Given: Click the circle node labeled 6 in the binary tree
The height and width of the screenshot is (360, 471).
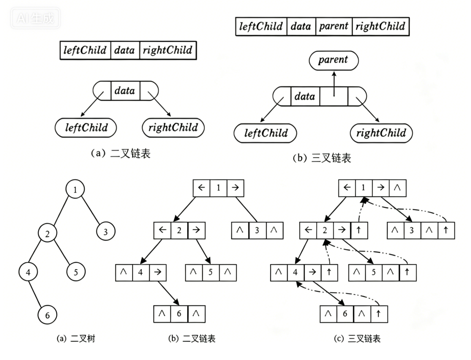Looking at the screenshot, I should pos(47,315).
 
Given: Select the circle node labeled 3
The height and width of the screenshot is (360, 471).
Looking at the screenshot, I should pos(106,232).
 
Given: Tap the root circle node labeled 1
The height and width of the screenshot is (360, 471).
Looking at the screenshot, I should pos(75,189).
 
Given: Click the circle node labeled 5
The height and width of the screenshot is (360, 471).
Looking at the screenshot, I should pos(76,272).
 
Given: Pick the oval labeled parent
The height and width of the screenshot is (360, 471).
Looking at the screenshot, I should pos(333,60).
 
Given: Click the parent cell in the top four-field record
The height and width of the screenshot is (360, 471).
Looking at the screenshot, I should pos(334,27).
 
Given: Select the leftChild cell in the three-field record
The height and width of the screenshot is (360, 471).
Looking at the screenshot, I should pos(85,50).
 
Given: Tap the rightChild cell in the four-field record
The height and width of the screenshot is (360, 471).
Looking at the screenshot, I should pos(381,27).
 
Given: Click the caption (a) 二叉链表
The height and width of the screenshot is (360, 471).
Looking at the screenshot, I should pos(121,153).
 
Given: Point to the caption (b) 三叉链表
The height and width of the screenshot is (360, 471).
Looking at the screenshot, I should pos(322,158).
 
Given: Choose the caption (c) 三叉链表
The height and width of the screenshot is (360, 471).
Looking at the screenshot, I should pos(357,338).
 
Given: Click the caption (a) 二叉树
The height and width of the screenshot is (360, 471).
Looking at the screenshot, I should pos(76,338).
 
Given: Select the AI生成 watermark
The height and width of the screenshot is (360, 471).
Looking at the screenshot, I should pos(35,18).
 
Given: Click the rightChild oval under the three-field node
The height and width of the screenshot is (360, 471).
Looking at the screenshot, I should pos(173,128).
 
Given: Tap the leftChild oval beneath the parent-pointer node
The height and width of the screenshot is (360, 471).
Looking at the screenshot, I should pos(265,133).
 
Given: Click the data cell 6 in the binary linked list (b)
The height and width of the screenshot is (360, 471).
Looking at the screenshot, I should pos(179,314).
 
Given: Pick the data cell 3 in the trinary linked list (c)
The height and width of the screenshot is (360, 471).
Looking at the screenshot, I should pos(412,230).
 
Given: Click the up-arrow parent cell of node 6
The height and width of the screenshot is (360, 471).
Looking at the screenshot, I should pos(378,314).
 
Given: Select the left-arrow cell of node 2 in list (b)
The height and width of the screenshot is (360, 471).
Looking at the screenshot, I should pos(162,230).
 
